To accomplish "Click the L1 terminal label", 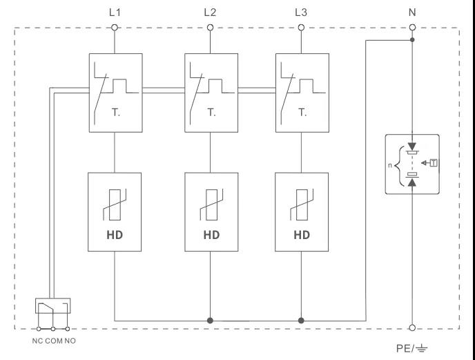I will [115, 12].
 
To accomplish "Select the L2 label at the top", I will [210, 12].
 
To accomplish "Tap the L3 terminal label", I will [300, 12].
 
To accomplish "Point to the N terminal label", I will [413, 12].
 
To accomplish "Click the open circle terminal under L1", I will [115, 28].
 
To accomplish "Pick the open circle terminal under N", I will [413, 28].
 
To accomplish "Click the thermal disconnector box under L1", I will [115, 93].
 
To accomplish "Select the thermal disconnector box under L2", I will [210, 93].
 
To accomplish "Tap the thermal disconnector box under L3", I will [300, 93].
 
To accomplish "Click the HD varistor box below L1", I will [115, 211].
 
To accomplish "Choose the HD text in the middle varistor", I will [211, 235].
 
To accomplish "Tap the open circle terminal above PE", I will [413, 328].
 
